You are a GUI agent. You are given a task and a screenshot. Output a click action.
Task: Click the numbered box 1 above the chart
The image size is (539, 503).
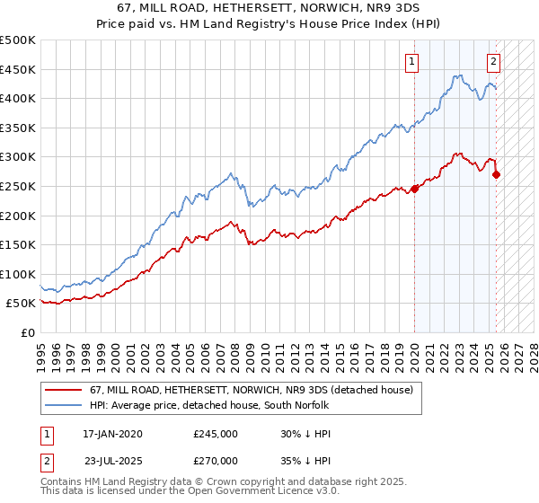pyautogui.click(x=411, y=62)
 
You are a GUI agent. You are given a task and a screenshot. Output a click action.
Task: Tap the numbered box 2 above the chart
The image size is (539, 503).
pyautogui.click(x=493, y=62)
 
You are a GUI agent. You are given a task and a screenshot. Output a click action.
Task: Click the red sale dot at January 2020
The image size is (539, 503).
pyautogui.click(x=415, y=189)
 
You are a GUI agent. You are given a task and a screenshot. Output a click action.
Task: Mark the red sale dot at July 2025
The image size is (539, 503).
pyautogui.click(x=497, y=174)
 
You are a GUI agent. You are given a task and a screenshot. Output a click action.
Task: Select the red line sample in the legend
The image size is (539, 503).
pyautogui.click(x=64, y=390)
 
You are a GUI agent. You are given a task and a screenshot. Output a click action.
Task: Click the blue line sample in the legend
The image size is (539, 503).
pyautogui.click(x=64, y=405)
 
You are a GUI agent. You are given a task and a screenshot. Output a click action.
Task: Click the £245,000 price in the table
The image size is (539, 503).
pyautogui.click(x=216, y=434)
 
